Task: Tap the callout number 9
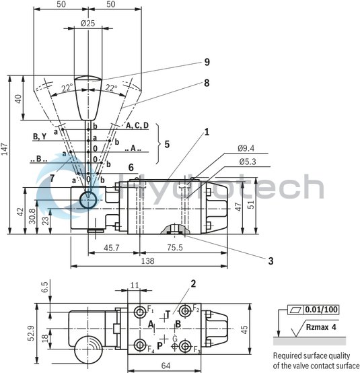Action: pyautogui.click(x=207, y=62)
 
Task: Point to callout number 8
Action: pyautogui.click(x=207, y=83)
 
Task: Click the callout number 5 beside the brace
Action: pyautogui.click(x=168, y=143)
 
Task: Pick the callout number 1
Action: pyautogui.click(x=207, y=132)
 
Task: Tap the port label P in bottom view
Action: pyautogui.click(x=159, y=345)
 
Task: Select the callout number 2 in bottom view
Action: pyautogui.click(x=192, y=283)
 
